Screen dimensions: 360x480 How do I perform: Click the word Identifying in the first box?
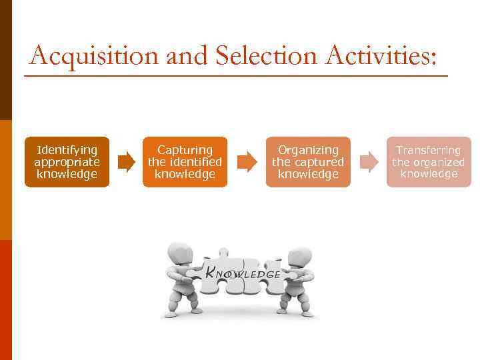coord(67,150)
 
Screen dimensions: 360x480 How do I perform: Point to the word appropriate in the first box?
coord(67,162)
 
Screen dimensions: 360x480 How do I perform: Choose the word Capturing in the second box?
coord(185,150)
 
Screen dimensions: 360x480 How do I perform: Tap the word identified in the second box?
coord(194,162)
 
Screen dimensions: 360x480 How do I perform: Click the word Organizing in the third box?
coord(308,150)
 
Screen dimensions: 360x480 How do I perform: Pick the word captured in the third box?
coord(317,162)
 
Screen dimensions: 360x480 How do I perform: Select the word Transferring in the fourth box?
coord(429,150)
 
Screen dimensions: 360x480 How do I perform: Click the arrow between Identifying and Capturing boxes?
coord(125,162)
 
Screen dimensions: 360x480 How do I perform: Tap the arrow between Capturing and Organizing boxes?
coord(247,162)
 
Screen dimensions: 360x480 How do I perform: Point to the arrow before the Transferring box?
coord(368,162)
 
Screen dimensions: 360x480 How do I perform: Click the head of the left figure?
coord(179,255)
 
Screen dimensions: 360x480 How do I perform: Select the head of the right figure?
coord(299,257)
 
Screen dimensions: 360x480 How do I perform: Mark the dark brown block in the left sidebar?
coord(5,60)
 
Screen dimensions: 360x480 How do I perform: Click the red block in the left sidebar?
coord(5,300)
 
